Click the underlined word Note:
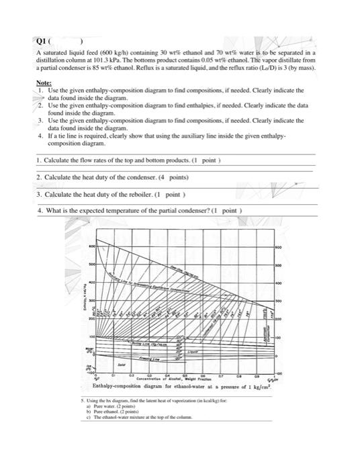coord(44,83)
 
